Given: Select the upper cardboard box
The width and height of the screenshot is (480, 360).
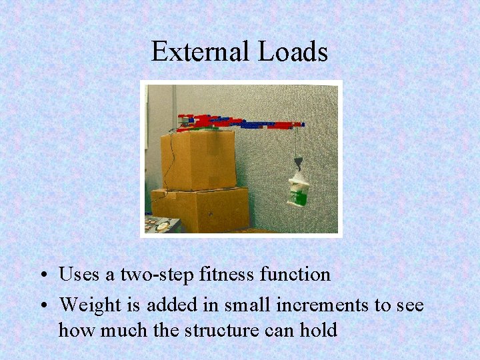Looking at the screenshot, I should (198, 160).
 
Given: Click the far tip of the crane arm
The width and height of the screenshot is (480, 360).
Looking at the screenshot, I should (301, 124).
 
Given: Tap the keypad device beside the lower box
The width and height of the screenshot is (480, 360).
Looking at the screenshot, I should (162, 224).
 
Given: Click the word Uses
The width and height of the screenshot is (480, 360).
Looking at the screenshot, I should (78, 274).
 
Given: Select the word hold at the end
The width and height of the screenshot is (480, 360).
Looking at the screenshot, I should (319, 329).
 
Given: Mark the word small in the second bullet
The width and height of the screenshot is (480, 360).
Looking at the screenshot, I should (245, 305).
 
